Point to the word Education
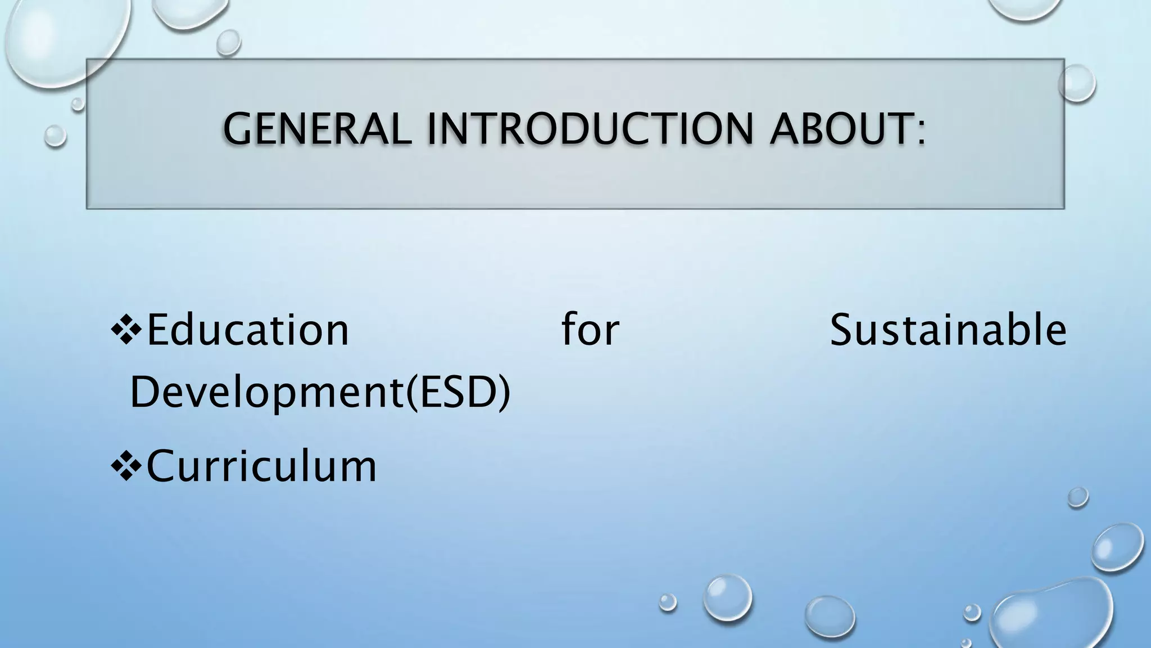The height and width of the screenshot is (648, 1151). (247, 330)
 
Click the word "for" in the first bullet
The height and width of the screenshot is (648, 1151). (590, 330)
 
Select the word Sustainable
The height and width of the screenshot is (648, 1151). (948, 330)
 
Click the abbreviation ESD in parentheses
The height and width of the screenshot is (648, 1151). (456, 392)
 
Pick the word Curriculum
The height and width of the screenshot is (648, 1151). (261, 466)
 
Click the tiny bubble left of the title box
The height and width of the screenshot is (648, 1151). (55, 136)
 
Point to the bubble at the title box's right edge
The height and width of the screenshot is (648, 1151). (1077, 83)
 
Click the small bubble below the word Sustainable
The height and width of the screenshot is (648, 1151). (1078, 497)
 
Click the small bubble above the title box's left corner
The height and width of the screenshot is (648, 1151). (229, 42)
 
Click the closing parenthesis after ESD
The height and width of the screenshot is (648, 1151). (504, 392)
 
